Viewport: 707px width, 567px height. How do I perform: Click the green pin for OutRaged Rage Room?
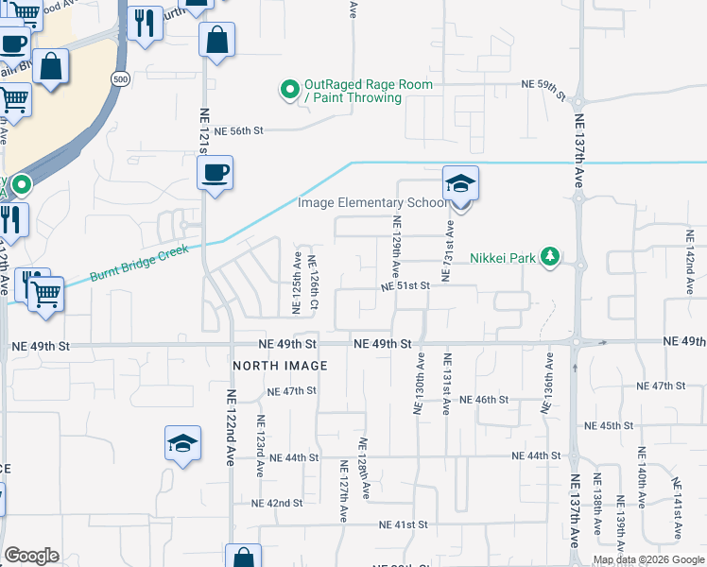289,91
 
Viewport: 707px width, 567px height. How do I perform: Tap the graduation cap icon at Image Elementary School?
461,182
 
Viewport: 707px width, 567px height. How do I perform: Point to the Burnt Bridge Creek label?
139,264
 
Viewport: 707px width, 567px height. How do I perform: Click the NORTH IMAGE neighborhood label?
281,366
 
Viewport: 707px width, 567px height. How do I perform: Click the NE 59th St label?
543,85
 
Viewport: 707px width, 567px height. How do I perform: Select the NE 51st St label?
405,285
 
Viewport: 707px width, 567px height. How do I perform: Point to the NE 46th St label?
484,400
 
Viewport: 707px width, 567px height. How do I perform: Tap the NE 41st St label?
404,524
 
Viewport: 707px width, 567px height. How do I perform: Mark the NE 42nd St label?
277,504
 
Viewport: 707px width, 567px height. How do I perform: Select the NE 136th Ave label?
546,383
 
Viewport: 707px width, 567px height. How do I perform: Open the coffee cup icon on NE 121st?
216,173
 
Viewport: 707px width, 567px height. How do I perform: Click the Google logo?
31,556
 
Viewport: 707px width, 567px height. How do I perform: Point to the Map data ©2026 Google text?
648,559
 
